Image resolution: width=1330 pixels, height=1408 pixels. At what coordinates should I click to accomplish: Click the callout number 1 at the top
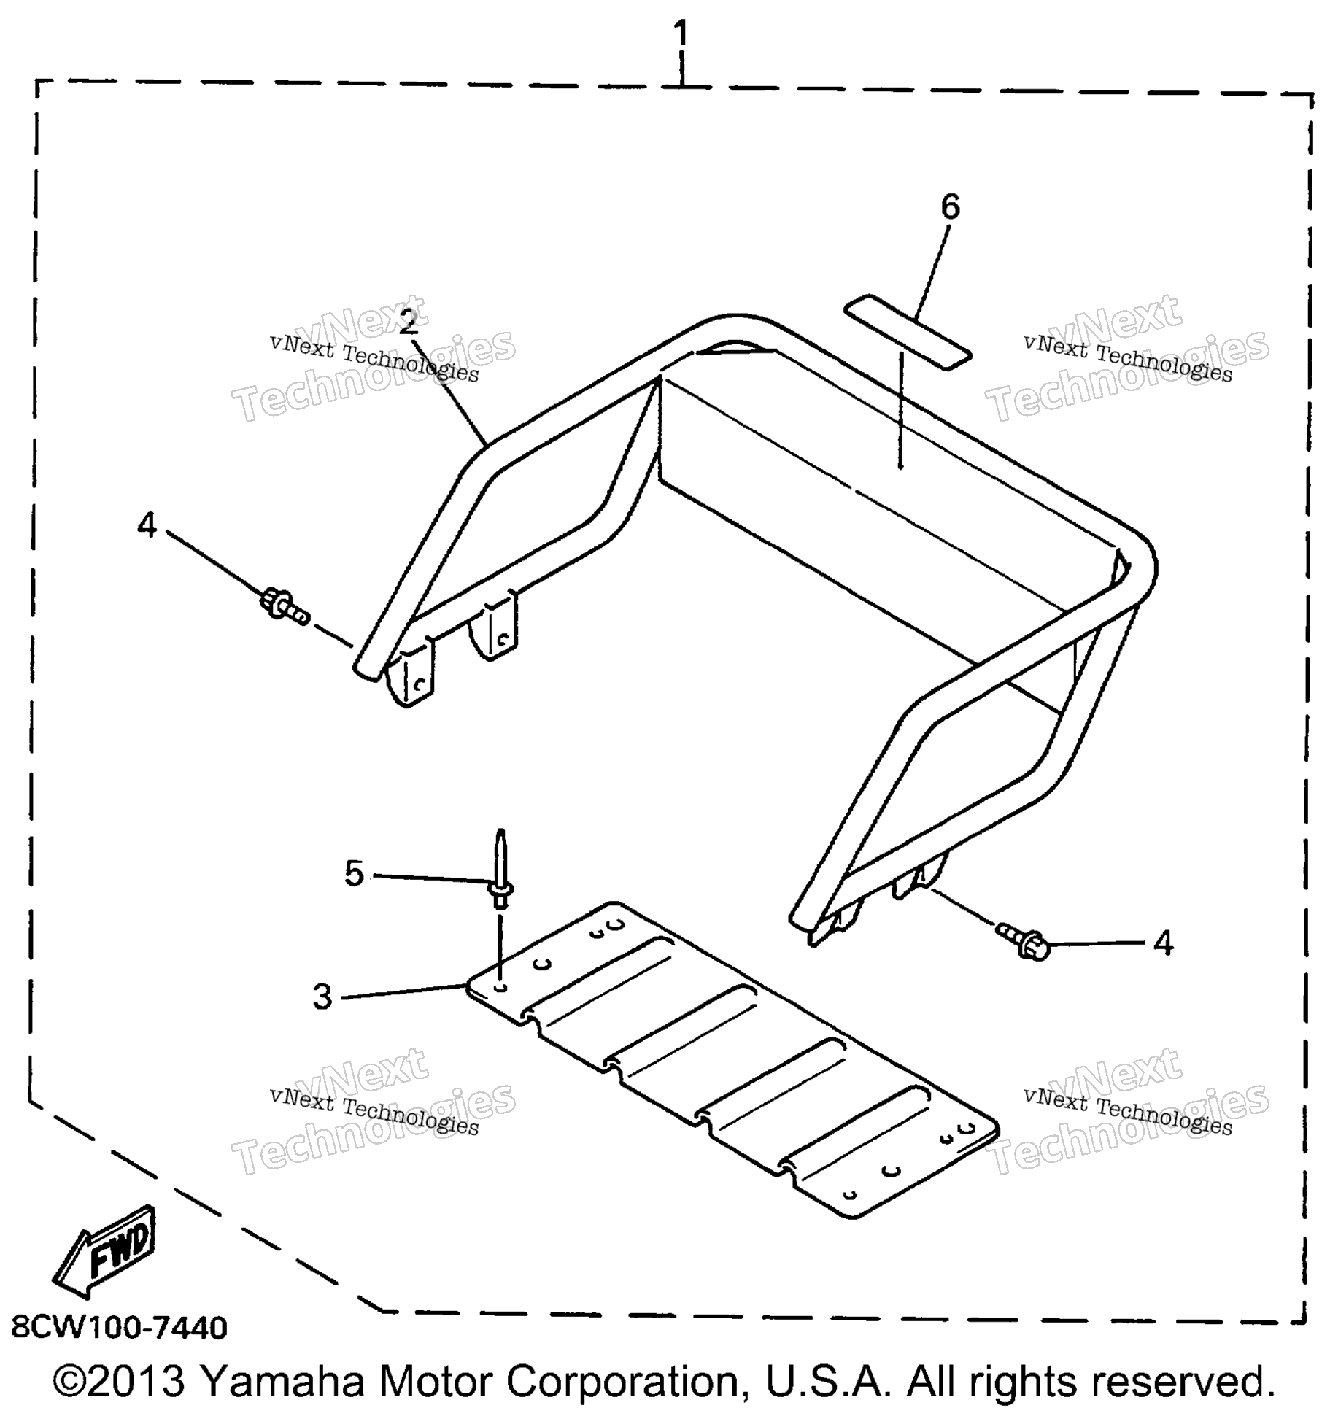(680, 34)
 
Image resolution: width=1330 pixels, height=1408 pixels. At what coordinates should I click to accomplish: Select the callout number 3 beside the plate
(322, 997)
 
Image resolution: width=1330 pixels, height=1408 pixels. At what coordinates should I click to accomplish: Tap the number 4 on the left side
(147, 525)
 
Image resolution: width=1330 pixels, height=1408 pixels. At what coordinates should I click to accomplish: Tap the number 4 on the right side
(1163, 943)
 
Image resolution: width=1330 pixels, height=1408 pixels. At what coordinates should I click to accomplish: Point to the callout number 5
(354, 873)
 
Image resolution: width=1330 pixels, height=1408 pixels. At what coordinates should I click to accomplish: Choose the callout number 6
(950, 207)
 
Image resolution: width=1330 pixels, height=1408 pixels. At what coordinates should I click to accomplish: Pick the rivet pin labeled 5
(500, 868)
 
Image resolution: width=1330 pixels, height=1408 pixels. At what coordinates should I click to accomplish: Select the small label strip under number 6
(908, 332)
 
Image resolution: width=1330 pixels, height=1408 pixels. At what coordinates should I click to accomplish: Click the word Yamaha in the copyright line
(282, 1380)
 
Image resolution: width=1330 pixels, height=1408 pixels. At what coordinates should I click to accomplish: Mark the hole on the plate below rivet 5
(500, 987)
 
